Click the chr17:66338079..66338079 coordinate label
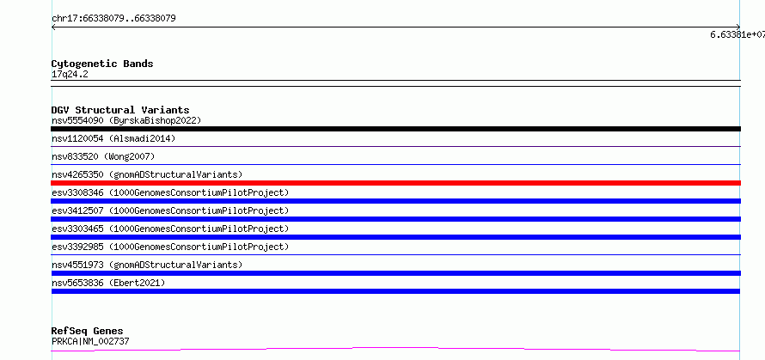point(113,19)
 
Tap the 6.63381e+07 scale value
point(737,34)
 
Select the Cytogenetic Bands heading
point(102,64)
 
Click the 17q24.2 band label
point(70,75)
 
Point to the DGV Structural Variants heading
point(120,110)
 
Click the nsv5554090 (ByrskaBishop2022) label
point(126,120)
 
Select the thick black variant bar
point(395,129)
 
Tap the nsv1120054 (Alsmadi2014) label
point(113,138)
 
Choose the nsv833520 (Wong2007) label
point(103,156)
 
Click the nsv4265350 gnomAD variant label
point(147,174)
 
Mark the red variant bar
point(395,183)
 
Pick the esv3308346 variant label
point(170,192)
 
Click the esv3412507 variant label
point(170,211)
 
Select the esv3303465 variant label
point(170,229)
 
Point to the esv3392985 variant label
point(170,247)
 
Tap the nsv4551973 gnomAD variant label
point(147,265)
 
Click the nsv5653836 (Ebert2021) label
point(108,283)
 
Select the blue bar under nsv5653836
point(395,291)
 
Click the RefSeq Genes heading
point(88,332)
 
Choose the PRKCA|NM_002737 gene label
point(90,341)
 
